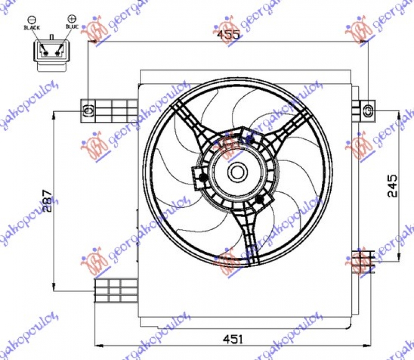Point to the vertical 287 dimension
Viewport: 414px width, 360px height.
pyautogui.click(x=47, y=200)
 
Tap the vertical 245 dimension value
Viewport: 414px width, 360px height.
pyautogui.click(x=392, y=185)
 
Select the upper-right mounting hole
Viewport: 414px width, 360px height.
pyautogui.click(x=367, y=110)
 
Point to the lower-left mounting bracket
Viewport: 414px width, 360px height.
pyautogui.click(x=115, y=290)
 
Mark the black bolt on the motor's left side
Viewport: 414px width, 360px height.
pyautogui.click(x=202, y=179)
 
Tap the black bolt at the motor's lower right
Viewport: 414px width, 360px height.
pyautogui.click(x=260, y=199)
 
